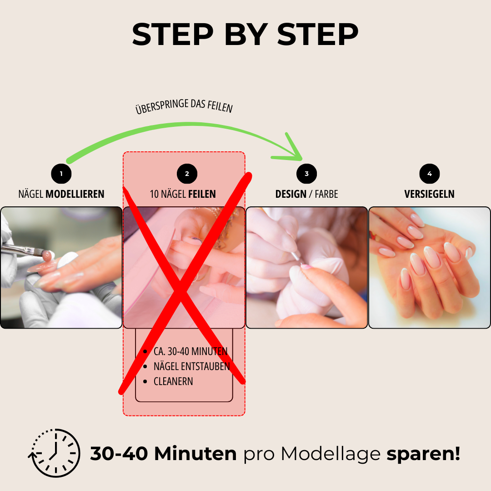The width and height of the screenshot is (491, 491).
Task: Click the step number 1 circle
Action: point(61,174)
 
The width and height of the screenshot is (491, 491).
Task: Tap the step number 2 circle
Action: point(187,174)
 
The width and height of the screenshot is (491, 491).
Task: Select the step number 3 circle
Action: point(306,174)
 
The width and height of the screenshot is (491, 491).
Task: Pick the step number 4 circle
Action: point(429,174)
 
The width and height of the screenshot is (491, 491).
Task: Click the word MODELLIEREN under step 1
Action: point(75,194)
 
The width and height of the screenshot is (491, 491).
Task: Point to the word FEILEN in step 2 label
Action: point(202,194)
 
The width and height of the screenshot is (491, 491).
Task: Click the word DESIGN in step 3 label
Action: point(291,194)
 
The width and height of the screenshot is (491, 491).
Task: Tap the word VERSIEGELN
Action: point(429,194)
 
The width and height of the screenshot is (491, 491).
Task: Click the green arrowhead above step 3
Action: point(290,150)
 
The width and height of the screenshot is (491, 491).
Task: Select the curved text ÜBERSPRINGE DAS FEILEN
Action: point(184,106)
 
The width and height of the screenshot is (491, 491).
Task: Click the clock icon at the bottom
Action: point(55,453)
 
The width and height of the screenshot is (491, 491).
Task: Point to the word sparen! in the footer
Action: point(423,454)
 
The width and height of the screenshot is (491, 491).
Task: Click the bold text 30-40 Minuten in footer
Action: point(163,453)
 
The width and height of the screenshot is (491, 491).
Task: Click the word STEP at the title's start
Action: point(173,34)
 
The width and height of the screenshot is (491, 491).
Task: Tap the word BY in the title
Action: point(246,34)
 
